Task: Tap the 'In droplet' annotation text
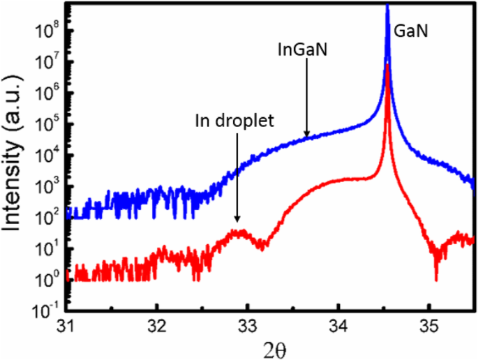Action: coord(234,119)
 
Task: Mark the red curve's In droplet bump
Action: coord(239,232)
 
